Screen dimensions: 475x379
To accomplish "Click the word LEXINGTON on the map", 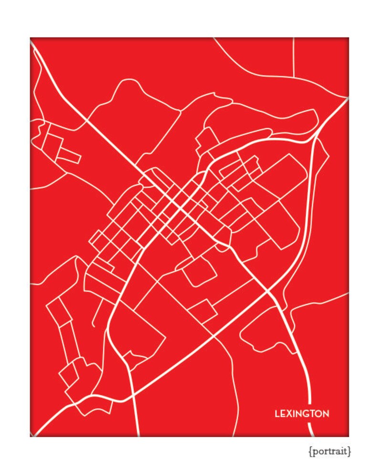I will [x=302, y=414].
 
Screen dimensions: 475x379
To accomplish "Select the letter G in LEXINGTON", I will [x=304, y=414].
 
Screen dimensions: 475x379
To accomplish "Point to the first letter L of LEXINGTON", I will [x=277, y=414].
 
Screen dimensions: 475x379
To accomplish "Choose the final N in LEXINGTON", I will [x=326, y=414].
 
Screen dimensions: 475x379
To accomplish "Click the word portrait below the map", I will [x=329, y=451].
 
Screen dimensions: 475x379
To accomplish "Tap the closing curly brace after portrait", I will [x=350, y=451].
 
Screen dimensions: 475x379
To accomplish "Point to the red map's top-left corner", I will [x=30, y=38].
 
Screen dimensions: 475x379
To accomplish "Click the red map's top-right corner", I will [x=348, y=38].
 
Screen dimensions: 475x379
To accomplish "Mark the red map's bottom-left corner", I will [x=30, y=436].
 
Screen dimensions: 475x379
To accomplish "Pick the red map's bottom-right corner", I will [x=348, y=436].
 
